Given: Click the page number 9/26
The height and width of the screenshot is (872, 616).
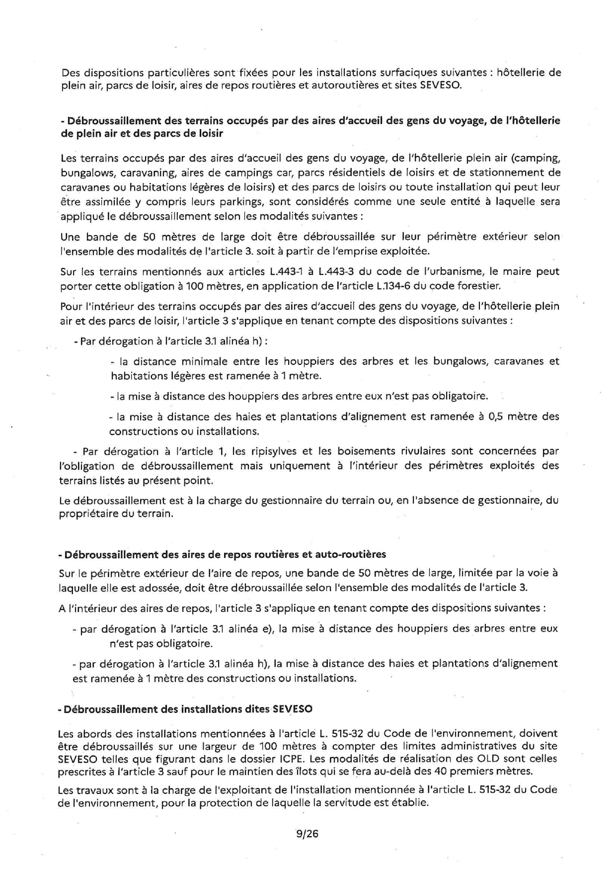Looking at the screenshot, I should [307, 834].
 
